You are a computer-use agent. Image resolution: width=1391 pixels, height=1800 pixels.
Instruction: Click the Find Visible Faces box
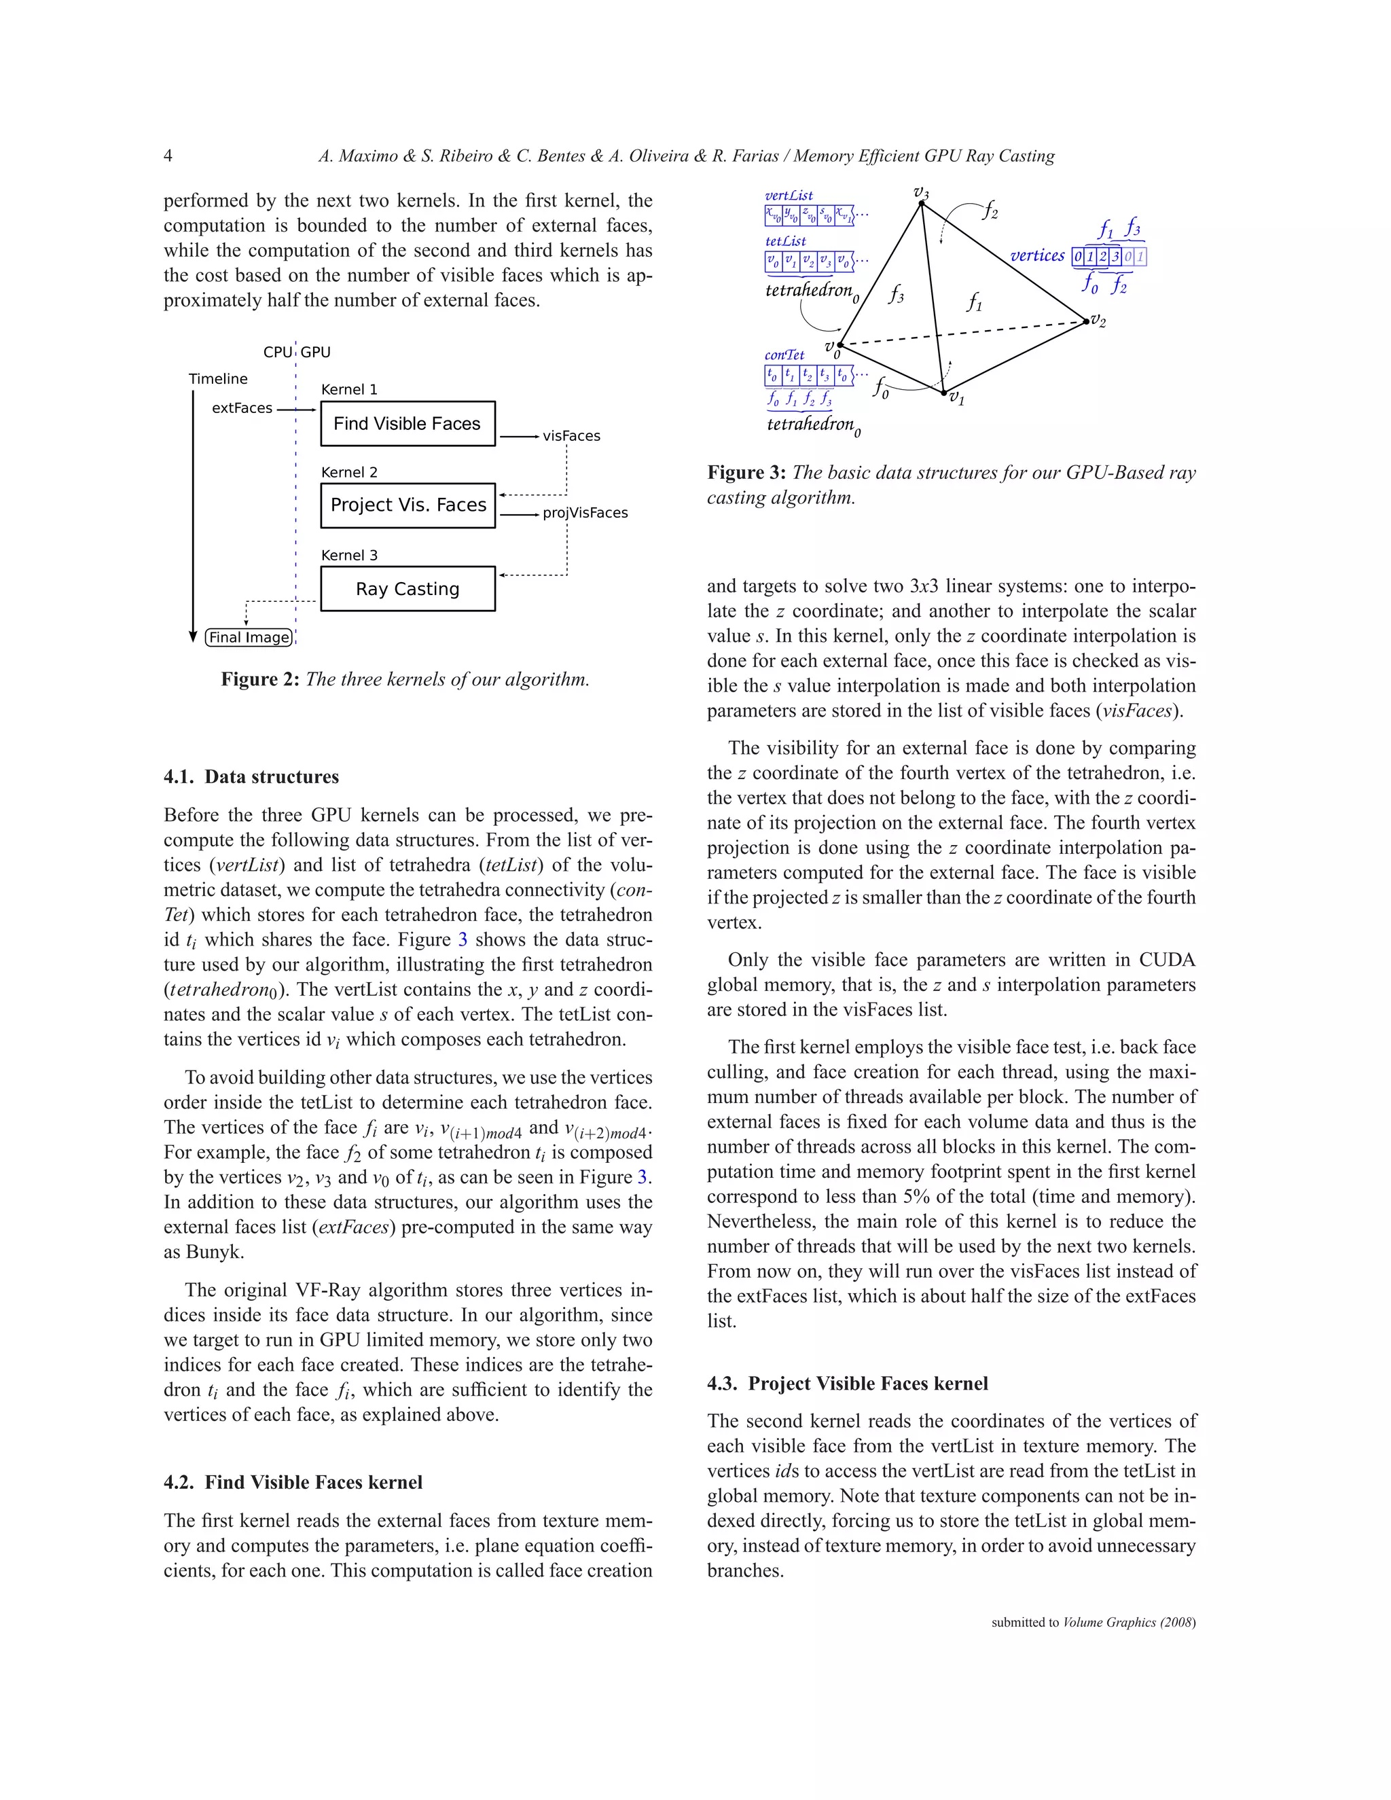coord(407,424)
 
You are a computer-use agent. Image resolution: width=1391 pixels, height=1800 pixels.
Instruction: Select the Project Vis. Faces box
coord(407,505)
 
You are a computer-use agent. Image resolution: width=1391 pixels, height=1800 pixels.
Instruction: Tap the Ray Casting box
coord(407,588)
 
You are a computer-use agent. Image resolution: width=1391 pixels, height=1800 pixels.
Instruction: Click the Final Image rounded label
coord(249,637)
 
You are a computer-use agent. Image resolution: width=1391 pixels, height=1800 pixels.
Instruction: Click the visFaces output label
coord(571,436)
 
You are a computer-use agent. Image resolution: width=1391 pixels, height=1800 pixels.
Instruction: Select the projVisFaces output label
coord(585,513)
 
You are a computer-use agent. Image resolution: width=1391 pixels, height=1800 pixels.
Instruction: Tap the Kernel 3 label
coord(348,556)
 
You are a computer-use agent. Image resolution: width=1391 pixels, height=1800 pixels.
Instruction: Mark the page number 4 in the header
coord(168,156)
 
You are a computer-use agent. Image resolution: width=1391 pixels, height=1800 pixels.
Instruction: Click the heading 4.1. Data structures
coord(251,776)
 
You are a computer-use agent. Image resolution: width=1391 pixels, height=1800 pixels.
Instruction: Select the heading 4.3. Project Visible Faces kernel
coord(847,1383)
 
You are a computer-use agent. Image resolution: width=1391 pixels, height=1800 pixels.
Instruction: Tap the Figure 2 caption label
coord(259,679)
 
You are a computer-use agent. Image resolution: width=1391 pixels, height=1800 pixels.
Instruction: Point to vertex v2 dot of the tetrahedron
coord(1086,322)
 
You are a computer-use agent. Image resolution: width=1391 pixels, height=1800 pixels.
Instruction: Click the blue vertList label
coord(788,196)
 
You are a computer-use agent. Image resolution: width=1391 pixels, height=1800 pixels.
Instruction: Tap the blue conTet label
coord(784,355)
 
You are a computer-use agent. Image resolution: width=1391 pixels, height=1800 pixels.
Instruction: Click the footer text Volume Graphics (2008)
coord(1129,1622)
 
